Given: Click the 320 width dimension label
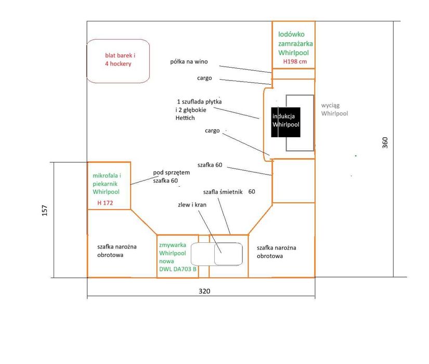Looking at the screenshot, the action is click(x=204, y=291).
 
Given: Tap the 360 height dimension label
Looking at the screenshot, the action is click(x=385, y=142).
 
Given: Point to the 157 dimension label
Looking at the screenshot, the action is click(x=45, y=211).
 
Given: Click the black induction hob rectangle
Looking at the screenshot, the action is click(x=285, y=122).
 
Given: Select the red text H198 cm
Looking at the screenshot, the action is click(x=295, y=61).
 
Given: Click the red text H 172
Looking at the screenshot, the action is click(x=105, y=203).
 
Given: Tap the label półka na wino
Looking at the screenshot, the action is click(x=189, y=61).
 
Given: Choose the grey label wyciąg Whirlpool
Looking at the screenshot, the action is click(x=334, y=110).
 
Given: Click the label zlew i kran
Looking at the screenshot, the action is click(x=192, y=205).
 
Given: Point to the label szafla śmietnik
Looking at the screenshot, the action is click(x=223, y=192).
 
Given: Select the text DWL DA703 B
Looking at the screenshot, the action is click(x=178, y=269).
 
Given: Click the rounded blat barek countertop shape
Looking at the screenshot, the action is click(x=118, y=61).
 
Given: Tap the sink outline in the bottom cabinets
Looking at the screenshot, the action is click(x=217, y=254).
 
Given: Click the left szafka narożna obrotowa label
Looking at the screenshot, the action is click(x=117, y=251).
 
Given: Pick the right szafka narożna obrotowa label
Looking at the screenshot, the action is click(x=276, y=252).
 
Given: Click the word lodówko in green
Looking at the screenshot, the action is click(x=291, y=34).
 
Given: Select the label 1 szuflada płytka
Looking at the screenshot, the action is click(x=200, y=101).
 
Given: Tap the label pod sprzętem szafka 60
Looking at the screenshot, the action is click(x=171, y=176).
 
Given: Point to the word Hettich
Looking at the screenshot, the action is click(x=185, y=118).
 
